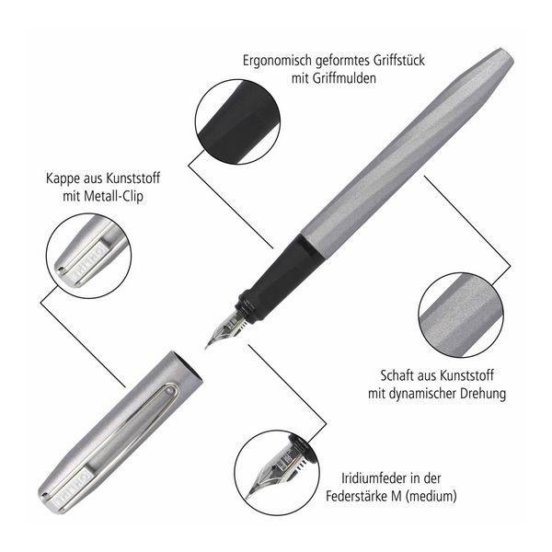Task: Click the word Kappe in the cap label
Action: [x=63, y=178]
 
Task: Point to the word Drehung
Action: [x=482, y=393]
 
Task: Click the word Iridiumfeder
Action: [x=376, y=478]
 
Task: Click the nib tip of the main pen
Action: [x=206, y=348]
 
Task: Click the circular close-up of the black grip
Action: [x=237, y=121]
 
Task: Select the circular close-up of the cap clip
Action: [x=88, y=256]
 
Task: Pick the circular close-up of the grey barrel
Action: [x=461, y=315]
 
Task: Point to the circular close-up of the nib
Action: [x=277, y=473]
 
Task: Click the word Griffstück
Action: [x=398, y=61]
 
